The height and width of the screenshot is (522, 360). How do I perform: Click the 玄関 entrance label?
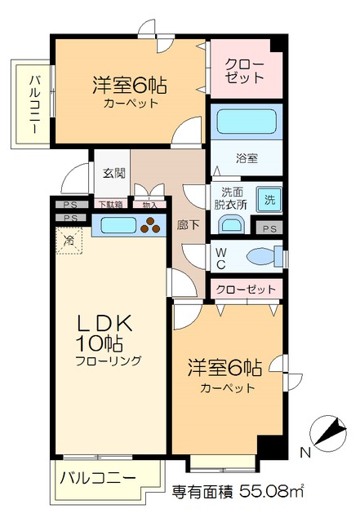tap(113, 174)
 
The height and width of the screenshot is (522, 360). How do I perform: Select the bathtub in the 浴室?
tap(247, 123)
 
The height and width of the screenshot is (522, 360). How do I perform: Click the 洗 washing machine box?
tap(269, 197)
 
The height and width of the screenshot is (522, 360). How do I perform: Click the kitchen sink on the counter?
tap(115, 225)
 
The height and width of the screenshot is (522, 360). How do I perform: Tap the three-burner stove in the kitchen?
tap(152, 225)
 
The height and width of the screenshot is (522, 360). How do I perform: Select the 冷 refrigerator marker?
tap(69, 241)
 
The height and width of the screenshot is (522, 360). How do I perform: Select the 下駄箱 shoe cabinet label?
tap(111, 204)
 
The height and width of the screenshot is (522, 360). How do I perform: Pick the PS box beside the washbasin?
tap(270, 228)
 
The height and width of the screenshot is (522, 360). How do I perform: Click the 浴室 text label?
tap(247, 157)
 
